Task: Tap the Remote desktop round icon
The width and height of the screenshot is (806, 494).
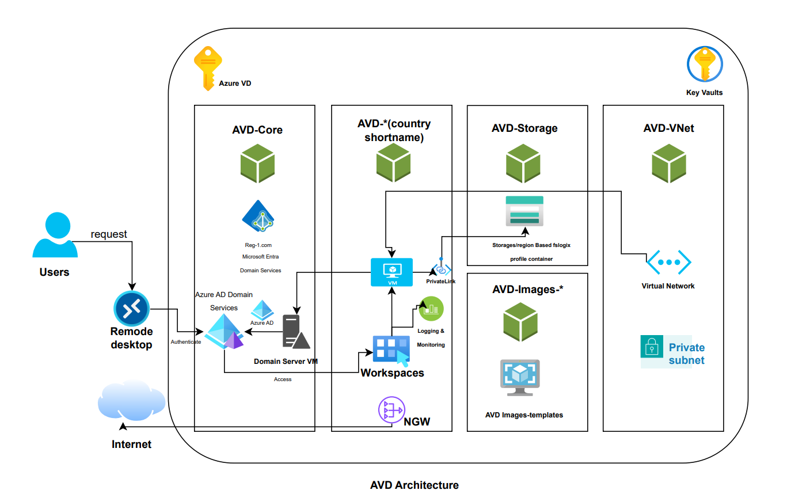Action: [132, 309]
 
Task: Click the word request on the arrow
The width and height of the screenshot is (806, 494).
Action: [109, 234]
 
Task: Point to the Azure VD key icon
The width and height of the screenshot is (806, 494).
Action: [207, 68]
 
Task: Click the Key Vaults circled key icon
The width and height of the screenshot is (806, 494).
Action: [705, 63]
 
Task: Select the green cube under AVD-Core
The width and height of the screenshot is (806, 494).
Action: [257, 162]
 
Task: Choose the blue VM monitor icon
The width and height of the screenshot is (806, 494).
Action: [391, 271]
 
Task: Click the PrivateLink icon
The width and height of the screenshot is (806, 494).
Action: [442, 269]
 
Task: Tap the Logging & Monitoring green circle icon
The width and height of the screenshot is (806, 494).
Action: [431, 309]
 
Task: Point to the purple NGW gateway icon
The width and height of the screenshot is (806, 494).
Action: [391, 411]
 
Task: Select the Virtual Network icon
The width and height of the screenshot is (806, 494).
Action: [668, 263]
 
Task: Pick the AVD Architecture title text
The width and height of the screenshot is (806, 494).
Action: [415, 485]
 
